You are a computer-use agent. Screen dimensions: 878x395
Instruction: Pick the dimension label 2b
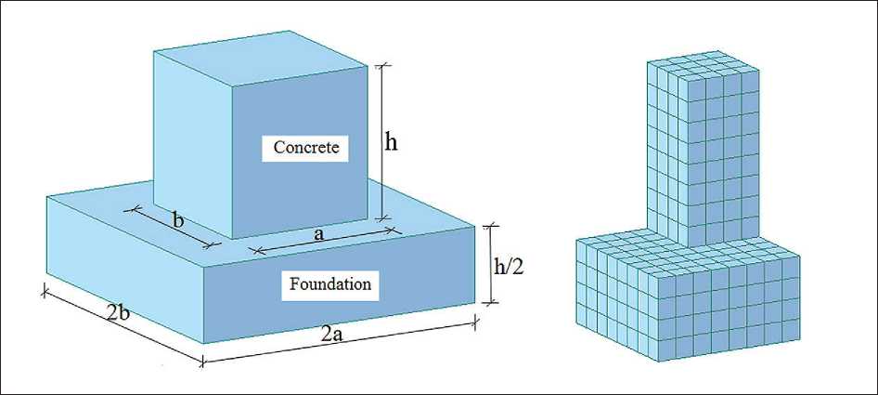click(118, 313)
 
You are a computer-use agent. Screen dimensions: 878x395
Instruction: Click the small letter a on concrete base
click(319, 236)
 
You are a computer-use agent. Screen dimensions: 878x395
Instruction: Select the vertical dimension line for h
click(381, 140)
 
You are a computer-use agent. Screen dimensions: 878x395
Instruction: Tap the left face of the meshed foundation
click(617, 297)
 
